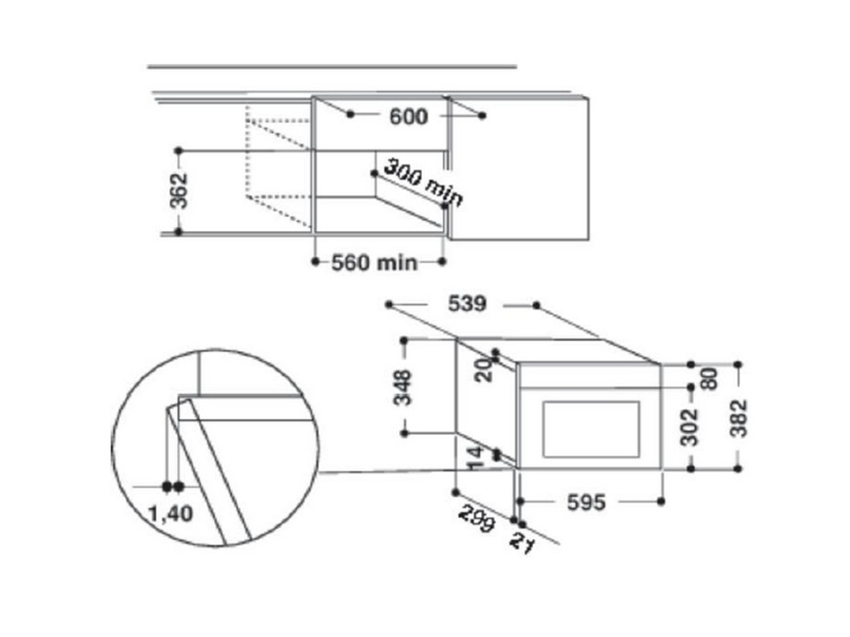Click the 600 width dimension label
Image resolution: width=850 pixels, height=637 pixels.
point(408,116)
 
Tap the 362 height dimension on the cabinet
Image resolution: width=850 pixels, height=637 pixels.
point(179,191)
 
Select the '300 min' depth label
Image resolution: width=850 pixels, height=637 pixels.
point(423,184)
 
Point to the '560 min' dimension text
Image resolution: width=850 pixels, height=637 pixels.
point(374,263)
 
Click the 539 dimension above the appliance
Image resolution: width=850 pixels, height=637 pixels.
point(467,304)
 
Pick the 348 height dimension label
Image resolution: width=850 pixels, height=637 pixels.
point(403,387)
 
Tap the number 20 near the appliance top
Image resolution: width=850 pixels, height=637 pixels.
point(484,371)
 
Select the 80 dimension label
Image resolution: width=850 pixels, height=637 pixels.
point(710,378)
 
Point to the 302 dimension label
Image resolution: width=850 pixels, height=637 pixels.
point(690,428)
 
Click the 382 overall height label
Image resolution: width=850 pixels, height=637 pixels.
point(738,418)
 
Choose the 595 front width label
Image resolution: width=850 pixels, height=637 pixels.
point(586,503)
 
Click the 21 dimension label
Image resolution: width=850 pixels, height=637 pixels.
point(521,544)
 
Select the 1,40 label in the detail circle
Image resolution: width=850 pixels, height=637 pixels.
point(171,513)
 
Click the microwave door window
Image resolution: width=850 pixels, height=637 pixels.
point(591,429)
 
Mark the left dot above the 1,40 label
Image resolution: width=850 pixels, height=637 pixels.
point(167,487)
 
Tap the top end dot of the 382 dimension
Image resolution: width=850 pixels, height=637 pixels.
point(738,364)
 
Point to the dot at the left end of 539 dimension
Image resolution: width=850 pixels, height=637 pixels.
point(388,305)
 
